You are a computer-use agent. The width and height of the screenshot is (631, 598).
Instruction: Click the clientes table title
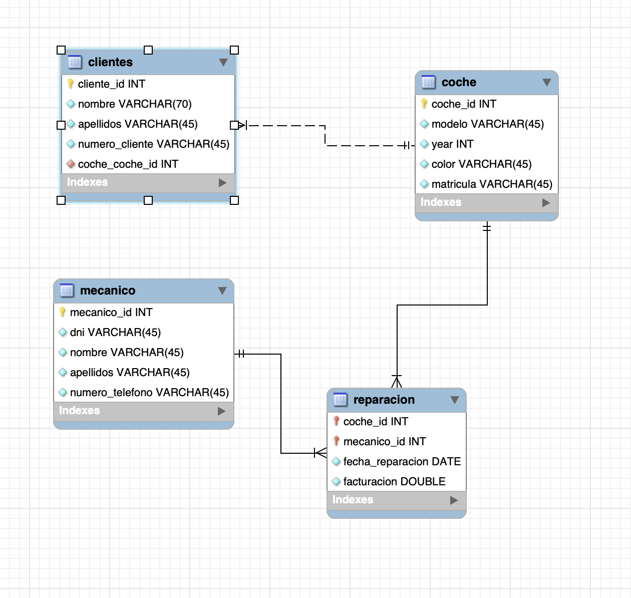pyautogui.click(x=110, y=62)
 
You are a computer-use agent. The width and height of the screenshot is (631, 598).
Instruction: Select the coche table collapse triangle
pyautogui.click(x=547, y=82)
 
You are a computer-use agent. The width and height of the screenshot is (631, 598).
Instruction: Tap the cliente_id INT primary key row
pyautogui.click(x=111, y=84)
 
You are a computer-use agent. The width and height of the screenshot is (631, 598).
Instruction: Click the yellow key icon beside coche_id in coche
pyautogui.click(x=424, y=104)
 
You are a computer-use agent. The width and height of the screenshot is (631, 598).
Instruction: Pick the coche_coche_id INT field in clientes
pyautogui.click(x=128, y=164)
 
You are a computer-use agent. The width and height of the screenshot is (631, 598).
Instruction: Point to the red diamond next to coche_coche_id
pyautogui.click(x=71, y=164)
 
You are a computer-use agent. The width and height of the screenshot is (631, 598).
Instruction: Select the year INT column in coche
pyautogui.click(x=452, y=144)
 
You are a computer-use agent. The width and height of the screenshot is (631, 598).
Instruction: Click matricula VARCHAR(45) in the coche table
pyautogui.click(x=491, y=184)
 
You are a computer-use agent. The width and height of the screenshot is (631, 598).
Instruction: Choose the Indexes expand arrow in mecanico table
pyautogui.click(x=222, y=411)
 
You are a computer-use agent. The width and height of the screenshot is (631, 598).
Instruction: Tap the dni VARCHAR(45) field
pyautogui.click(x=115, y=333)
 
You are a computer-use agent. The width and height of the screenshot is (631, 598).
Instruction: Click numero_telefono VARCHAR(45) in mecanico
pyautogui.click(x=149, y=393)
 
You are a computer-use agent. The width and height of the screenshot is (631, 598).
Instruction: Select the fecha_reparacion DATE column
pyautogui.click(x=402, y=462)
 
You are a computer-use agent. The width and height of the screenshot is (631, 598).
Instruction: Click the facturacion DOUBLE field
pyautogui.click(x=394, y=482)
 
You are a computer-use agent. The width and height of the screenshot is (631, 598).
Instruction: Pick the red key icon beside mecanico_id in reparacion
pyautogui.click(x=337, y=441)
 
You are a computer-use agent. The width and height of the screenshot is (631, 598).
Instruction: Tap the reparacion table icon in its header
pyautogui.click(x=340, y=400)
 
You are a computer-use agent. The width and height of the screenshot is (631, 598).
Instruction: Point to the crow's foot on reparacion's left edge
pyautogui.click(x=320, y=453)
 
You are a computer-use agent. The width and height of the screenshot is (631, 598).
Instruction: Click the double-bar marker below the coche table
pyautogui.click(x=487, y=228)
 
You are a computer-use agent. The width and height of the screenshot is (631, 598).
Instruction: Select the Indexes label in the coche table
pyautogui.click(x=441, y=202)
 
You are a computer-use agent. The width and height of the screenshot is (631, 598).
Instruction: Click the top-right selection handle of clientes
pyautogui.click(x=234, y=50)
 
